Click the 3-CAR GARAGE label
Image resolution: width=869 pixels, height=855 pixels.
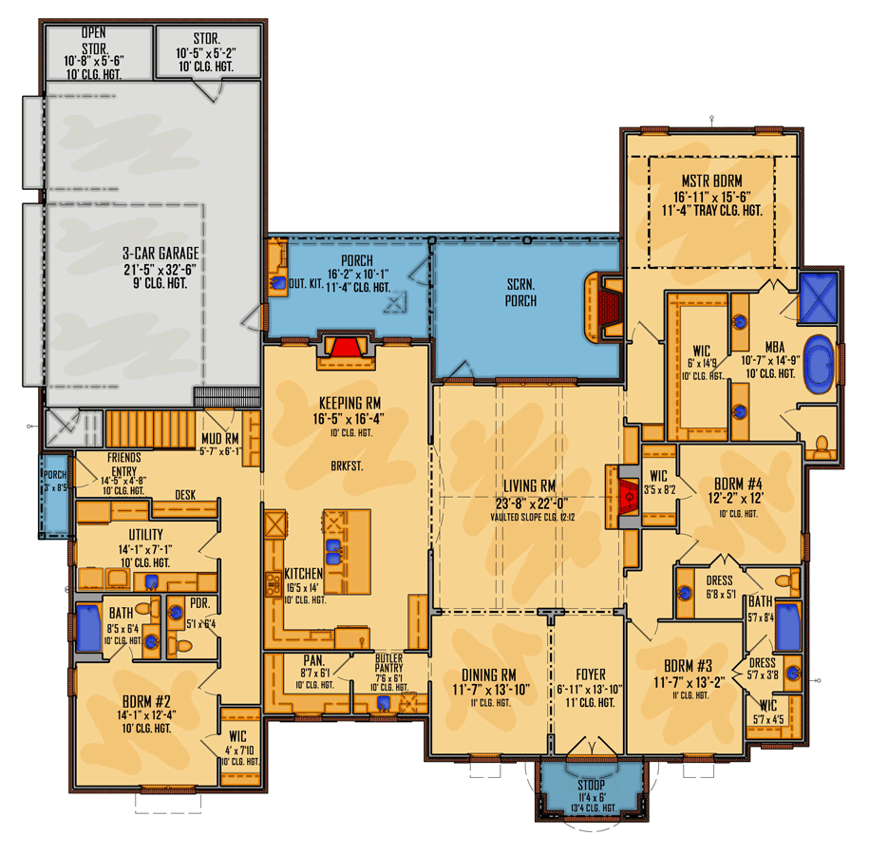[x=160, y=253]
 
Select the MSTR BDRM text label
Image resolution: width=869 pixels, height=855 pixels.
[x=711, y=180]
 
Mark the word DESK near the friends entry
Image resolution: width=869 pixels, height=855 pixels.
[x=186, y=494]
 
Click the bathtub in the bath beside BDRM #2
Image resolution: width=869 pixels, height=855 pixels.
[x=89, y=628]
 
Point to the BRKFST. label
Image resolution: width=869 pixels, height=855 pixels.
[x=346, y=468]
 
